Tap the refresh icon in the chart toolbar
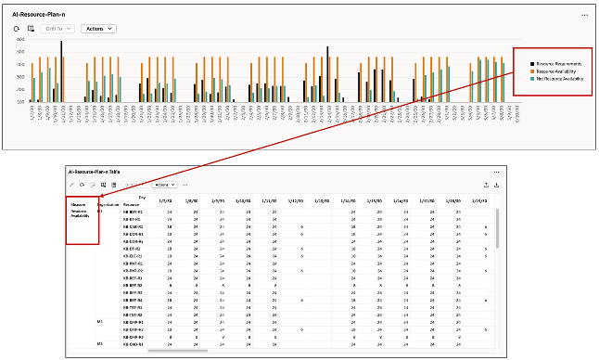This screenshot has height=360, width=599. click(17, 29)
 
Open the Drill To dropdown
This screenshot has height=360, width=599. click(57, 29)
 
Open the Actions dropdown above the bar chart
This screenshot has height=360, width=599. click(98, 29)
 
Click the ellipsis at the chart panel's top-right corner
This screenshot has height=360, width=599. click(584, 15)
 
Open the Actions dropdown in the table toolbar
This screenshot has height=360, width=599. click(164, 185)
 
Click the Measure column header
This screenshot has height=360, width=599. click(81, 203)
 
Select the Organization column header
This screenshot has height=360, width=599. click(108, 203)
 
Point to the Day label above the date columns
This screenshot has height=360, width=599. click(141, 196)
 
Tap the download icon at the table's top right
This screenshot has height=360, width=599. click(498, 185)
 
